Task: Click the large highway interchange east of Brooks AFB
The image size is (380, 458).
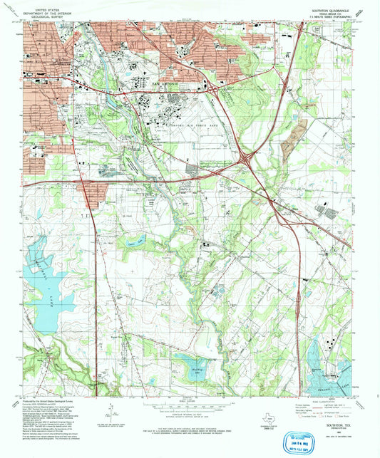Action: point(247,160)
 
